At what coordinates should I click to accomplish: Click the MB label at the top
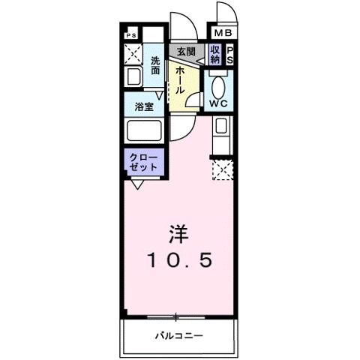click(223, 34)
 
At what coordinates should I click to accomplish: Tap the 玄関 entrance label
click(184, 52)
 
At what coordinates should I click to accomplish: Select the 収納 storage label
click(215, 55)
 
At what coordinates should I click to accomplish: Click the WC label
click(220, 103)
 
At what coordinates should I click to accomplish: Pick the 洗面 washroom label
click(155, 65)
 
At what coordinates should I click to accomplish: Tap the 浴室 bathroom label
click(145, 106)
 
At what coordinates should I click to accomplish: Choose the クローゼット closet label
click(144, 162)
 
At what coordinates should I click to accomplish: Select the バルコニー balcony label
click(180, 334)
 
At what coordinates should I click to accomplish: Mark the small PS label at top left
click(131, 34)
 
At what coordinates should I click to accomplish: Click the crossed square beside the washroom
click(134, 54)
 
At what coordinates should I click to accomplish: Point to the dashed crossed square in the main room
click(223, 171)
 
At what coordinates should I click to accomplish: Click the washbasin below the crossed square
click(133, 76)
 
